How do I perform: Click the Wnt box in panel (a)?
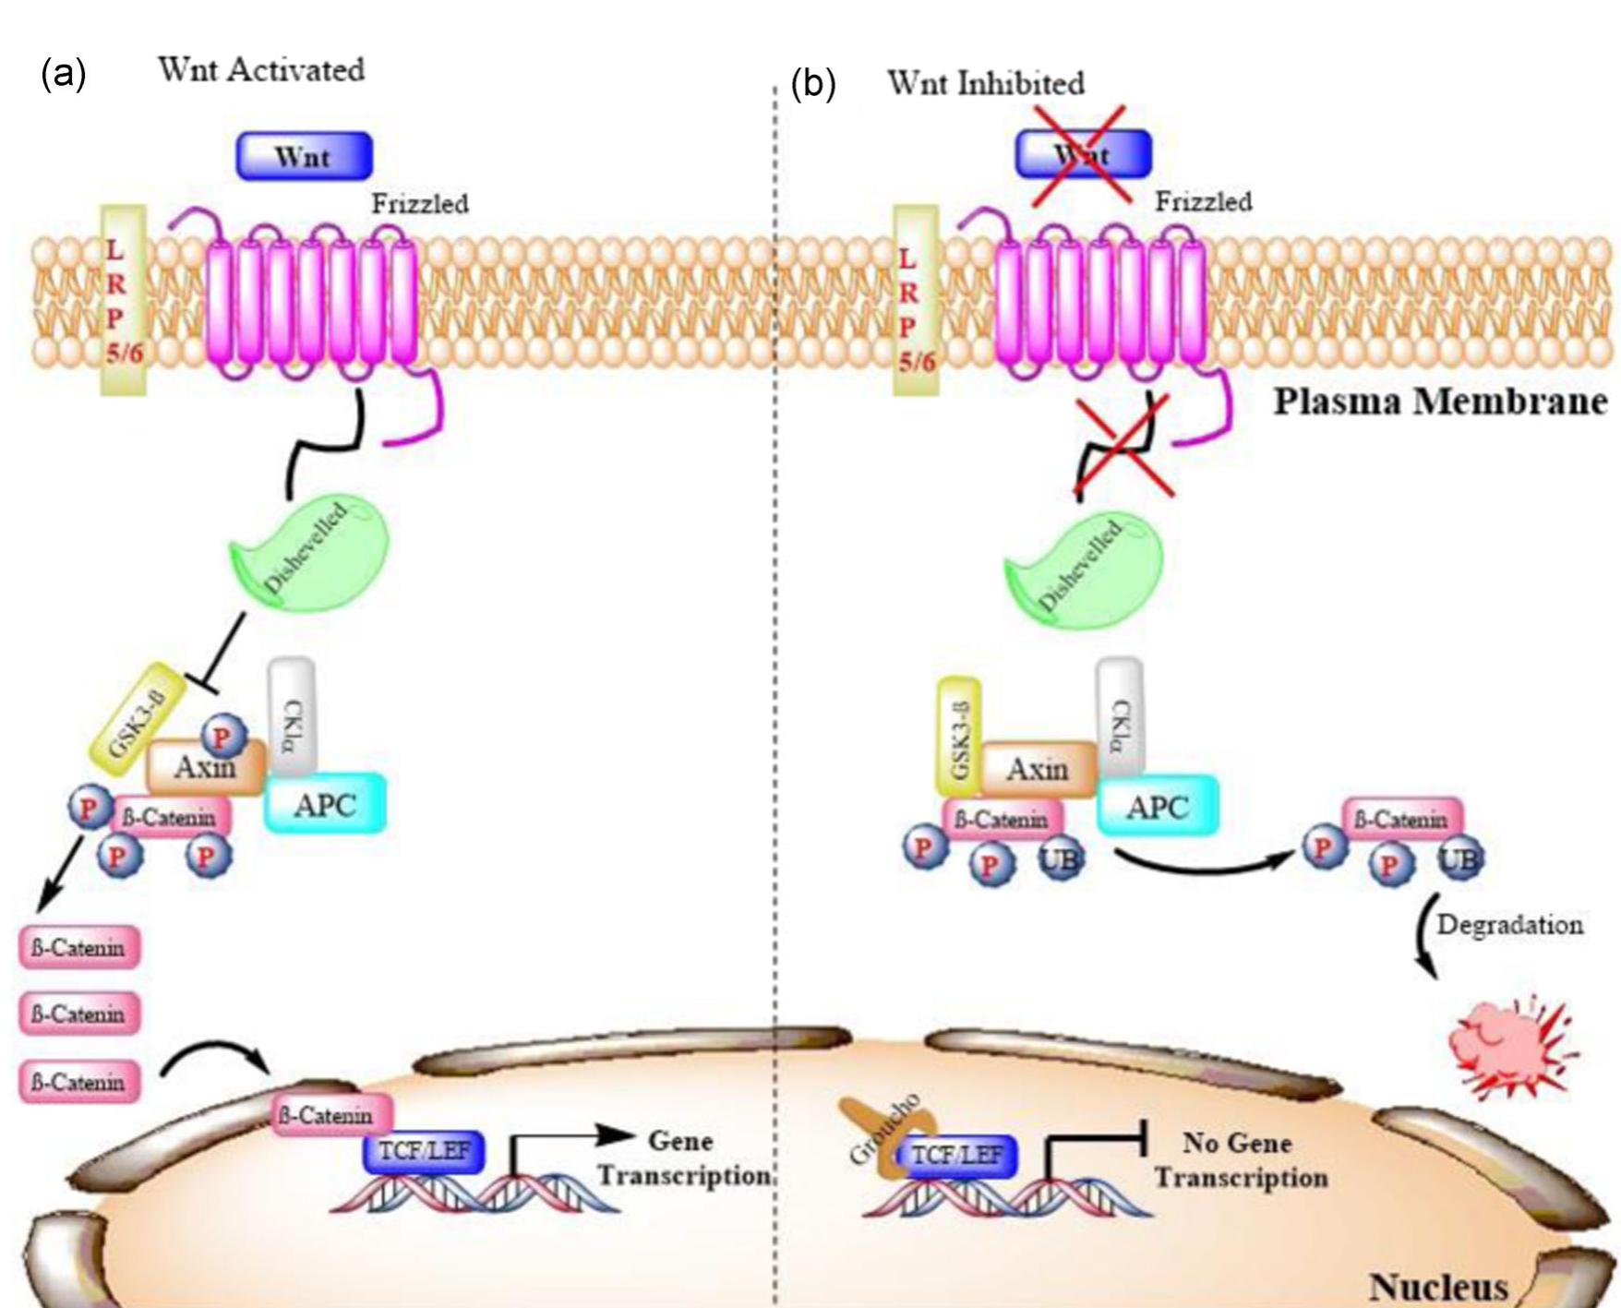(x=304, y=156)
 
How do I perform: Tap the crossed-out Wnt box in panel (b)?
(x=1083, y=153)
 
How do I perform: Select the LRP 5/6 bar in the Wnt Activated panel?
(x=123, y=300)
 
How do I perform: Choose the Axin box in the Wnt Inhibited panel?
(x=1039, y=769)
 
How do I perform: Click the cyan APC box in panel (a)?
(x=325, y=804)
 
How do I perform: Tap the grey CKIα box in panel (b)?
(x=1119, y=715)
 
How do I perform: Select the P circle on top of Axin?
(x=222, y=736)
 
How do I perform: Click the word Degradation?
(x=1509, y=924)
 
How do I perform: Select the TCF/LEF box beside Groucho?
(x=957, y=1156)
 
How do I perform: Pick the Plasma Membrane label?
(x=1440, y=402)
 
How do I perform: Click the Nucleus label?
(x=1438, y=1286)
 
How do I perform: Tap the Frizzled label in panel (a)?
(x=420, y=203)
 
